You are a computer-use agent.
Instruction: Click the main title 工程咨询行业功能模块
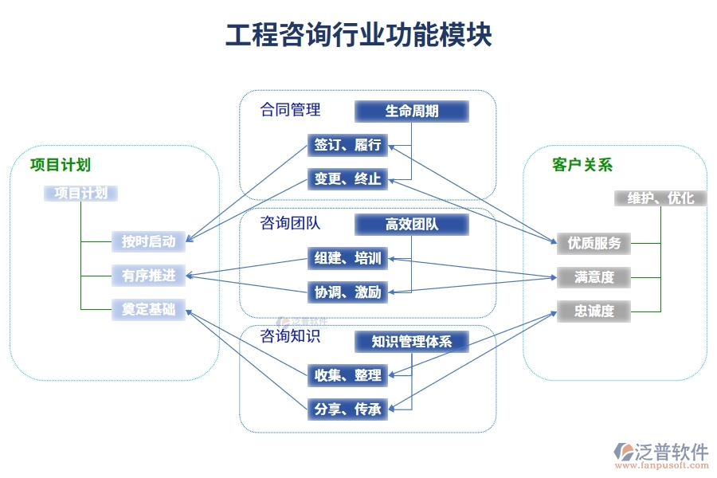(x=358, y=36)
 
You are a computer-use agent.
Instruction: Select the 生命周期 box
(x=411, y=112)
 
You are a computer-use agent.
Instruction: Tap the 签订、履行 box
(x=347, y=146)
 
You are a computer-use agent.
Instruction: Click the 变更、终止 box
(x=347, y=179)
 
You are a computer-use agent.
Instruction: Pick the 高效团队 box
(x=411, y=225)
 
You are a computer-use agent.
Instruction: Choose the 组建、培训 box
(x=347, y=259)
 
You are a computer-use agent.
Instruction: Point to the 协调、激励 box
(x=347, y=292)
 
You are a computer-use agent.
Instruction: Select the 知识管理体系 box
(x=411, y=342)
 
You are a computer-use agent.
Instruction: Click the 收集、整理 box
(x=347, y=375)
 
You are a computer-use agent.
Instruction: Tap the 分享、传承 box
(x=347, y=409)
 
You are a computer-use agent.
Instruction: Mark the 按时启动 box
(x=149, y=241)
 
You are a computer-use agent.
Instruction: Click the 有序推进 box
(x=149, y=276)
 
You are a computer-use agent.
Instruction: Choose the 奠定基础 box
(x=149, y=310)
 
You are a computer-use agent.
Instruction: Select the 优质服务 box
(x=594, y=243)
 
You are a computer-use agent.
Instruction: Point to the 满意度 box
(x=594, y=277)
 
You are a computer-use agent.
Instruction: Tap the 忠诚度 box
(x=594, y=311)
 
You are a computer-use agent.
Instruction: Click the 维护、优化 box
(x=660, y=198)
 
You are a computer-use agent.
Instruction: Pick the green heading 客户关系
(x=582, y=166)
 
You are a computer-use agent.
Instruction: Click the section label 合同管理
(x=290, y=110)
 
